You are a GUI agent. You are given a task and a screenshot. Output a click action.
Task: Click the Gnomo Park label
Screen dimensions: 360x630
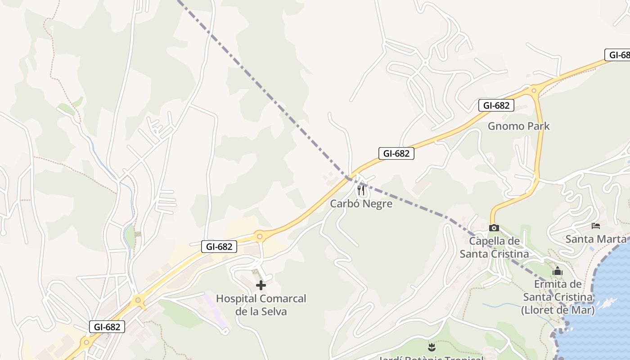point(518,126)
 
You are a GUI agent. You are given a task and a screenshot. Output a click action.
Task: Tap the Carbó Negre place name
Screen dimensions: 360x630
point(361,203)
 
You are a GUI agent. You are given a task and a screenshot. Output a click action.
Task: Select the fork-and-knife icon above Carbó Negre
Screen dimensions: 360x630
point(361,190)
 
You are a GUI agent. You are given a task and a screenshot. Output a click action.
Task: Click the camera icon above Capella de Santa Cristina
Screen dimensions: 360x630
point(494,228)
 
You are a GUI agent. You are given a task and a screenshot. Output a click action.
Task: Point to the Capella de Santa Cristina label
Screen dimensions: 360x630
point(494,247)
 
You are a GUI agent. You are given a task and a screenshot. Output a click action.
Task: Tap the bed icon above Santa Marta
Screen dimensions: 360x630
point(596,225)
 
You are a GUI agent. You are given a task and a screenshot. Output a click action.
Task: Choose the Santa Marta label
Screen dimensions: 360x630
point(595,239)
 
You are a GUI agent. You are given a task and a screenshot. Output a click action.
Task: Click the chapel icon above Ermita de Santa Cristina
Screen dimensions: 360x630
point(558,271)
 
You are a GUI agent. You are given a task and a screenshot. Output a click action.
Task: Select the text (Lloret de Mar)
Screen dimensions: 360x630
point(558,310)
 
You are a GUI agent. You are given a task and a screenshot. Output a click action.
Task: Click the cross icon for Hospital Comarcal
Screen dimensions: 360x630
point(261,285)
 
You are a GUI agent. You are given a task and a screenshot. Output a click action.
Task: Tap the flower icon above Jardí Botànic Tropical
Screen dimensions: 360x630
point(432,347)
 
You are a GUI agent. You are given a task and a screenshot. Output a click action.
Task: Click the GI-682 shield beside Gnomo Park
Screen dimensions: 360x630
point(496,106)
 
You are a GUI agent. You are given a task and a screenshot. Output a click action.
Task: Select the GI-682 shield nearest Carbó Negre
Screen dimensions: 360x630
point(396,153)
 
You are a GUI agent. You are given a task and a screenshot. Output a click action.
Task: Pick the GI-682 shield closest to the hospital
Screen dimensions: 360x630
point(219,247)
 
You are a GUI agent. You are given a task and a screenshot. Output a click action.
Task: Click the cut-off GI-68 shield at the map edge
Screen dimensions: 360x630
point(617,55)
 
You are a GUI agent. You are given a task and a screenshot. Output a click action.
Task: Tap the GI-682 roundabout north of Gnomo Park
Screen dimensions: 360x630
point(534,90)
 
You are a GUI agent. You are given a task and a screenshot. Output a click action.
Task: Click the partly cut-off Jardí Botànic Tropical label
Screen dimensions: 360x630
point(432,358)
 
